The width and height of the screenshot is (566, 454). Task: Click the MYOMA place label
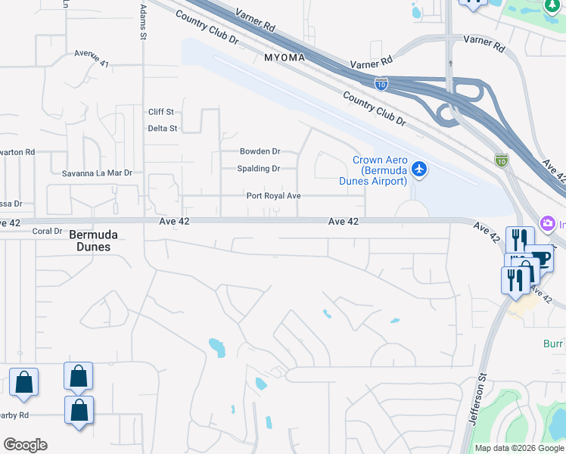pos(285,58)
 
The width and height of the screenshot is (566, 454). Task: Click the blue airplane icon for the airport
pos(420,169)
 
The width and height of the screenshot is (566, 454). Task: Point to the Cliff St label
pos(161,112)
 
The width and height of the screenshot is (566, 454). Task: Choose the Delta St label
pos(162,129)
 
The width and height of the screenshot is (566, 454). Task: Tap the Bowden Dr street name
pos(260,151)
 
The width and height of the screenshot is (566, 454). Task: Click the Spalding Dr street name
pos(259,169)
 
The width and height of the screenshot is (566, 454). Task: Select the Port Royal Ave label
pos(274,196)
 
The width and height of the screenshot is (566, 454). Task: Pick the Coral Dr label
pos(47,231)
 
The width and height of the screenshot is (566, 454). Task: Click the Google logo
pos(25,445)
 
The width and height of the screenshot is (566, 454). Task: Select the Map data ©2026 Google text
pos(519,448)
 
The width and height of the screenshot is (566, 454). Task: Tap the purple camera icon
pos(547,224)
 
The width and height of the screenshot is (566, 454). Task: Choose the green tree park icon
pos(555,5)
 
